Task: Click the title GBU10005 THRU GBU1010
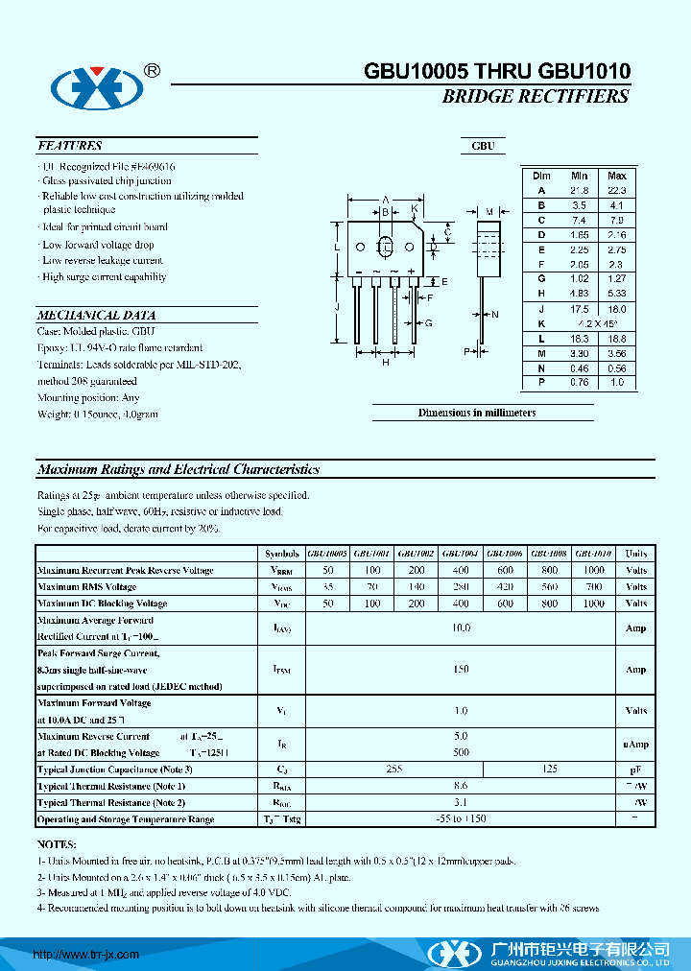pos(496,71)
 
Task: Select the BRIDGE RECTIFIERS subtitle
pos(535,97)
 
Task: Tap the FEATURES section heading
pos(69,146)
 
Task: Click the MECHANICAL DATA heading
pos(96,315)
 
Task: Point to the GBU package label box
pos(483,146)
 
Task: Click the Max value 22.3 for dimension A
pos(616,190)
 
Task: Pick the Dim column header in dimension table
pos(541,176)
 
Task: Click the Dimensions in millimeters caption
pos(476,413)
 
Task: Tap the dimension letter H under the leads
pos(385,362)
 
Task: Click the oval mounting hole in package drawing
pos(386,246)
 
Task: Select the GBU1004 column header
pos(461,554)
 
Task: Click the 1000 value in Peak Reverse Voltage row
pos(594,570)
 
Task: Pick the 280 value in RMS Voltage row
pos(461,586)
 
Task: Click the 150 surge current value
pos(461,669)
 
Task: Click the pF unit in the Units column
pos(635,770)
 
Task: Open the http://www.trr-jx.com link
pos(86,955)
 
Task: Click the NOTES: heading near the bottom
pos(57,845)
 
